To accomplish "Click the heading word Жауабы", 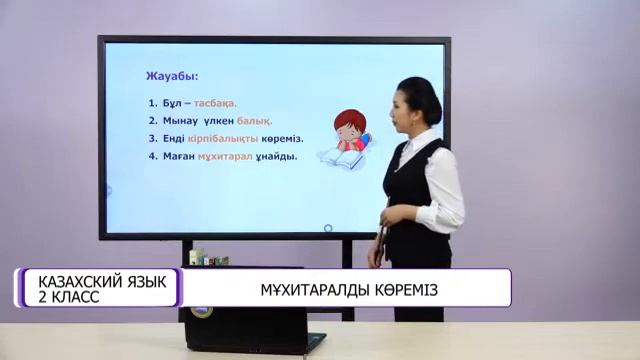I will click(173, 75).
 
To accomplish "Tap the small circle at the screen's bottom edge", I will click(274, 234).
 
